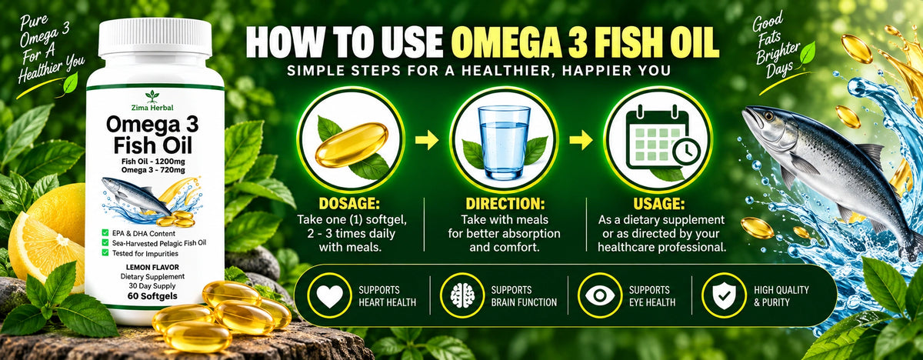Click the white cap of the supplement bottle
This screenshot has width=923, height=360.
pos(155,38)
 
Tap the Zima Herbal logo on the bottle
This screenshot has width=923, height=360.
pos(152,101)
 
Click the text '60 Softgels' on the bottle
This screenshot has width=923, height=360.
pos(152,296)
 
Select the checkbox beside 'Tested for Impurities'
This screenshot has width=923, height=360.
pos(105,253)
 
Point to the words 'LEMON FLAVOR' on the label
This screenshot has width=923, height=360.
pos(152,268)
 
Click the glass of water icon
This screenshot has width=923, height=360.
pos(504,142)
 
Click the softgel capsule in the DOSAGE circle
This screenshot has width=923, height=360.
pos(352,145)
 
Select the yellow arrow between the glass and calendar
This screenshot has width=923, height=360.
pos(581,140)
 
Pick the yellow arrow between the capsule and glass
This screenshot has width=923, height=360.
pos(427,140)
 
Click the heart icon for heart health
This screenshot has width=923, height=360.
pos(329,296)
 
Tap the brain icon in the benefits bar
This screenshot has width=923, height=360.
pos(462,296)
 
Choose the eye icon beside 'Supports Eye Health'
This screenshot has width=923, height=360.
pos(600,295)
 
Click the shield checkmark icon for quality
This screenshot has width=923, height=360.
pos(724,295)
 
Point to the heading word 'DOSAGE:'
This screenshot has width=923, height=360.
pos(349,204)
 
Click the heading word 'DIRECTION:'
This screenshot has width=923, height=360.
pos(505,204)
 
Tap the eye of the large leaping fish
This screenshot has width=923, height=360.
pos(769,117)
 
